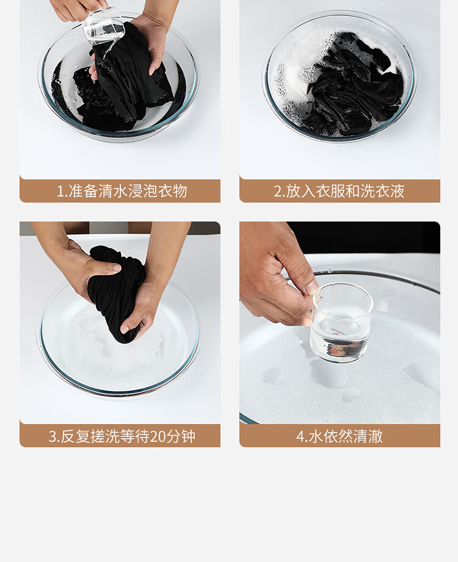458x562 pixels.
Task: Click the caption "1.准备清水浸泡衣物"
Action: point(122,190)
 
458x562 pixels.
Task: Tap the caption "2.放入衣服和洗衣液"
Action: point(340,190)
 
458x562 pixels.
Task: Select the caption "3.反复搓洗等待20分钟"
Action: point(122,436)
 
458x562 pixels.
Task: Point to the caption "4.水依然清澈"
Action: point(340,436)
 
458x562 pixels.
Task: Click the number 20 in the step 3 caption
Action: point(157,436)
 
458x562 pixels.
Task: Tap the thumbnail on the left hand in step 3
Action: point(116,267)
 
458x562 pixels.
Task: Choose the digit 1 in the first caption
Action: point(60,191)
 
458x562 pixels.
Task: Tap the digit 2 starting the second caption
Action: point(278,191)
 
